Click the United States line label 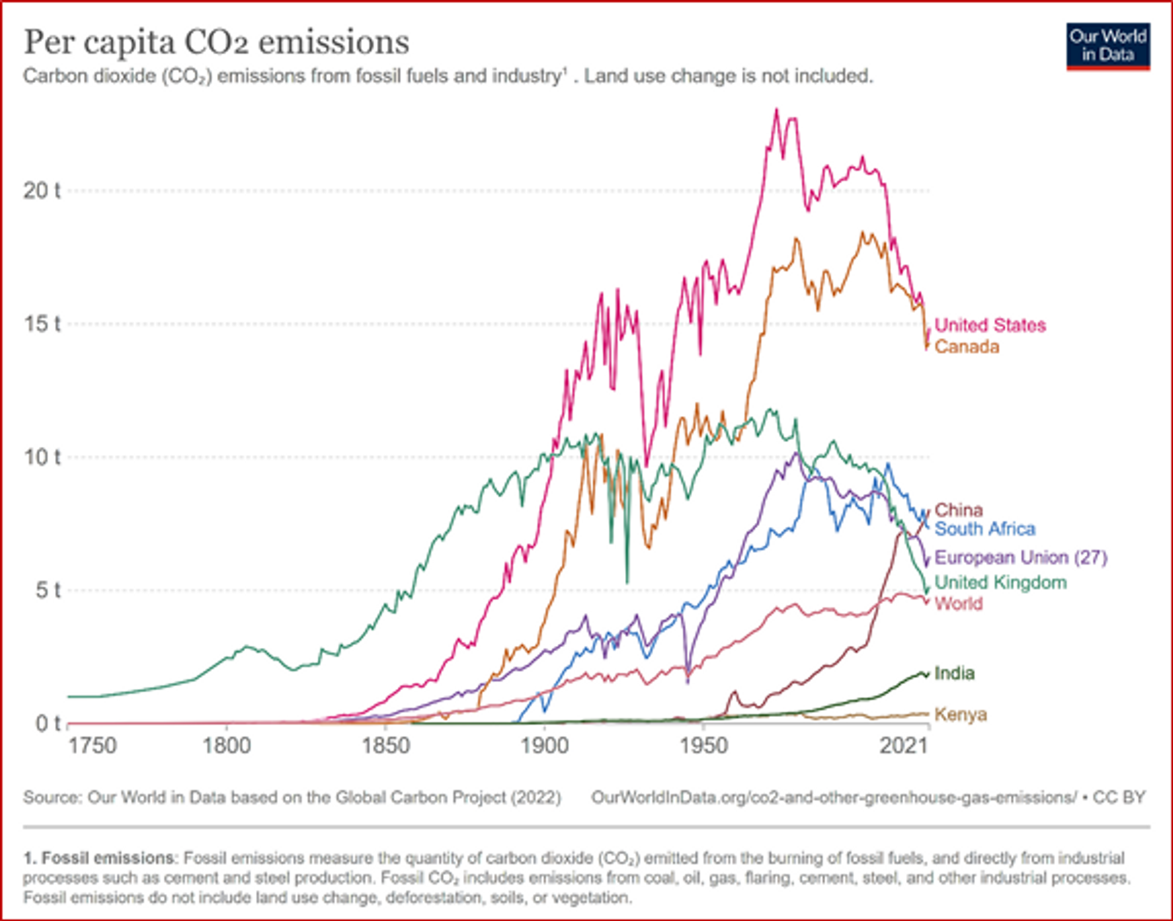(990, 325)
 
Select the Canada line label (967, 347)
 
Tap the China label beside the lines (959, 510)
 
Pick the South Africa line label (985, 529)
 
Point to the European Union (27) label (1020, 557)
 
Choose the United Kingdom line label (1000, 582)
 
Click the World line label (959, 604)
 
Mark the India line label (954, 673)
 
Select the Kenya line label (960, 714)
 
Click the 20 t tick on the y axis (42, 191)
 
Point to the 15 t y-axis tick (42, 324)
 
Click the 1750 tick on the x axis (92, 746)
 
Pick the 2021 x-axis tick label (903, 746)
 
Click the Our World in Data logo (1108, 46)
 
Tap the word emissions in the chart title (334, 43)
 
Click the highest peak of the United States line (777, 110)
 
